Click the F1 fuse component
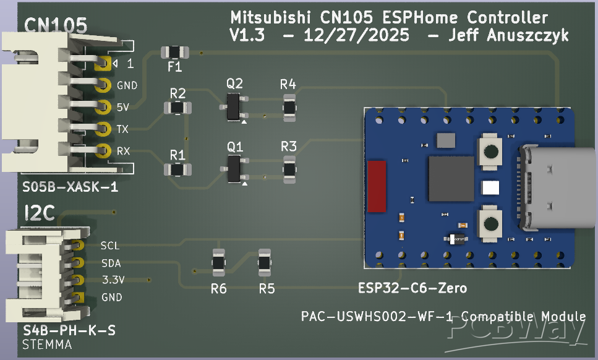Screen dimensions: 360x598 (174, 52)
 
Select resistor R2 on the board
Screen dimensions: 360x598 (177, 108)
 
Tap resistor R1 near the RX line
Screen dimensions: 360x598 (177, 169)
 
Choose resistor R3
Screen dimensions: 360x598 (289, 168)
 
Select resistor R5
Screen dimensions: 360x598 (264, 262)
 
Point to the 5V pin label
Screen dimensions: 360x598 (122, 107)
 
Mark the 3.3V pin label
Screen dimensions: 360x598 (113, 280)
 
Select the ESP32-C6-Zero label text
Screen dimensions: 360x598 (412, 288)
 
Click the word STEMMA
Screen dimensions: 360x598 (47, 345)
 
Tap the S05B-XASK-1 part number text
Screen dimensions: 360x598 (70, 187)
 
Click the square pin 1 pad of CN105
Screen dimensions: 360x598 (103, 63)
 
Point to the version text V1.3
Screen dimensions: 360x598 (247, 36)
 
